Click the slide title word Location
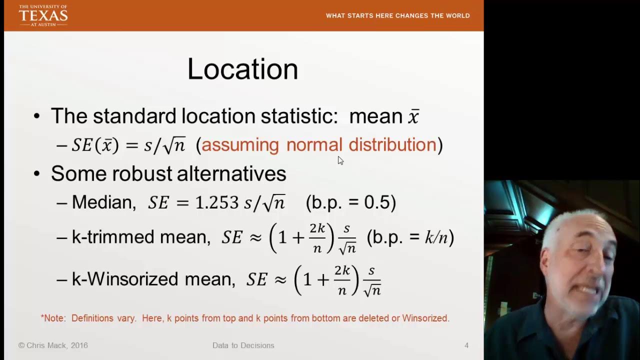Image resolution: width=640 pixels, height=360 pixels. click(242, 69)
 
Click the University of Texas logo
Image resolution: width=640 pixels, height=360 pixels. click(43, 15)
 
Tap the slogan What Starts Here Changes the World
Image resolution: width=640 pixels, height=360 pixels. click(397, 15)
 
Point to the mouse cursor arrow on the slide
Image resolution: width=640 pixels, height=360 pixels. click(340, 160)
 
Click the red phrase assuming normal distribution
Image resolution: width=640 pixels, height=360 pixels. click(319, 145)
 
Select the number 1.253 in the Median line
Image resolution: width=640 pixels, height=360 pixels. click(216, 202)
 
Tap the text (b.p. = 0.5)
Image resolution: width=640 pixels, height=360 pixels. click(351, 202)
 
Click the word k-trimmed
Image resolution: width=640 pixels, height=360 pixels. click(113, 237)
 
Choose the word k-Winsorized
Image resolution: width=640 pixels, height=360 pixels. click(125, 279)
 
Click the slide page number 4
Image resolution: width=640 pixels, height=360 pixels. click(466, 345)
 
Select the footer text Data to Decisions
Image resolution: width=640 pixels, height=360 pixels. click(243, 345)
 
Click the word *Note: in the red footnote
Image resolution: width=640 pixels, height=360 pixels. click(53, 318)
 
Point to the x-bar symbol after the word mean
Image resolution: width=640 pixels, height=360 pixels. click(413, 116)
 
